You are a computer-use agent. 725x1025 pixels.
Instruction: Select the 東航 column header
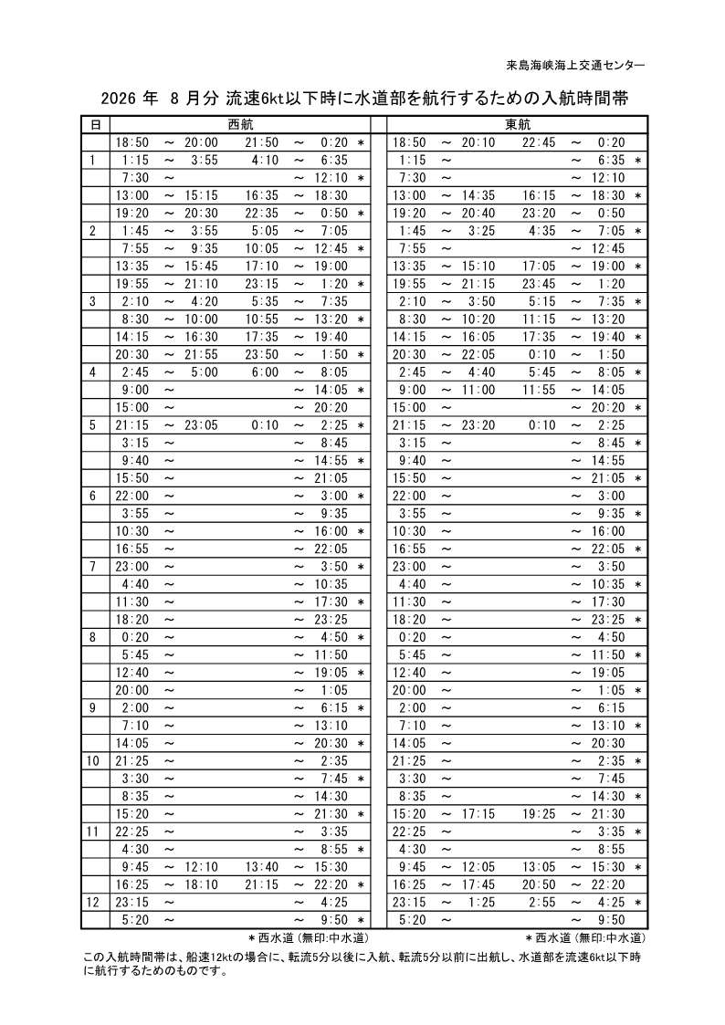pos(517,124)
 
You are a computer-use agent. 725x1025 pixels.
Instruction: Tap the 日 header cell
pos(94,124)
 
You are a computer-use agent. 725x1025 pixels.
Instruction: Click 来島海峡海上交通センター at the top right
pos(575,65)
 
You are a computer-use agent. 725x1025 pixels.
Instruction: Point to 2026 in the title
pos(121,99)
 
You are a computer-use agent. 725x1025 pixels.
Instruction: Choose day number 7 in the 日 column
pos(94,565)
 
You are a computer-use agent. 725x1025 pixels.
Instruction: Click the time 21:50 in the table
pos(261,142)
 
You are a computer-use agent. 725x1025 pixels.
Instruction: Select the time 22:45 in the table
pos(539,142)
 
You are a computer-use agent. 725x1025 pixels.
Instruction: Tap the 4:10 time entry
pos(265,160)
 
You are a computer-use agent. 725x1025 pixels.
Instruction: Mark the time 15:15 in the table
pos(202,195)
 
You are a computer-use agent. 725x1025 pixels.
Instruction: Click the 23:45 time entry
pos(539,283)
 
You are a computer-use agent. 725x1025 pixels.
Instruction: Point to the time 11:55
pos(539,389)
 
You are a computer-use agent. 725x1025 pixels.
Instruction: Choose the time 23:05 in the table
pos(202,424)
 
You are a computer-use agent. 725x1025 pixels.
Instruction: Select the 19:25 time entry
pos(539,812)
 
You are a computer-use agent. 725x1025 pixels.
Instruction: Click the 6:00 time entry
pos(265,371)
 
